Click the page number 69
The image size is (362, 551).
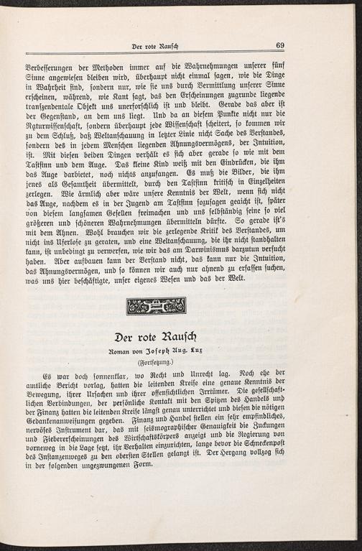[x=281, y=45]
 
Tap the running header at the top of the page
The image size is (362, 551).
[x=155, y=47]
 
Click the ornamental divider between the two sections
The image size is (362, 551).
[x=156, y=305]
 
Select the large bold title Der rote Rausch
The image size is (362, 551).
[x=156, y=336]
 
